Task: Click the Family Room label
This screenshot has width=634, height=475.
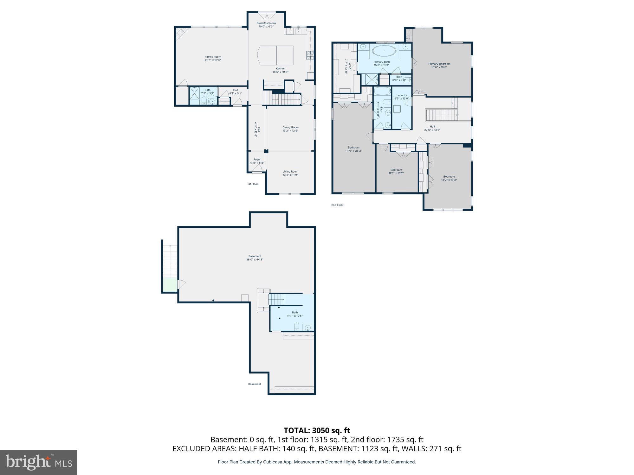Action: coord(213,57)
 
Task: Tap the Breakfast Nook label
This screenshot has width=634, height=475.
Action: coord(266,23)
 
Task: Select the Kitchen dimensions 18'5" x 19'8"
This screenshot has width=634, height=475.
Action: coord(280,72)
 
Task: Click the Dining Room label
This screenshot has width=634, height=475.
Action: coord(290,127)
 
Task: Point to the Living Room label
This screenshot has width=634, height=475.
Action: coord(290,172)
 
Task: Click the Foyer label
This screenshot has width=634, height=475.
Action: coord(257,160)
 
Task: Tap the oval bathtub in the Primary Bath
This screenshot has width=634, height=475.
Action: coord(384,51)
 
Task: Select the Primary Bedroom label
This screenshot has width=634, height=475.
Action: coord(439,64)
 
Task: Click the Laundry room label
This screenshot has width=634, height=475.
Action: coord(401,95)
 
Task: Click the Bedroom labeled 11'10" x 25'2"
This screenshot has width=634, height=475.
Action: coord(353,149)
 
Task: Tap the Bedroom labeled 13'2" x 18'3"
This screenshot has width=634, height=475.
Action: coord(449,178)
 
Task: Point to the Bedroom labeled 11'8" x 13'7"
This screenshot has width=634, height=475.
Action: coord(396,172)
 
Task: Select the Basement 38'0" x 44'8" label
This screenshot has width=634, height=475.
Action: coord(255,258)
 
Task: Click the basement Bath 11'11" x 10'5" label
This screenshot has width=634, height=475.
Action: coord(295,314)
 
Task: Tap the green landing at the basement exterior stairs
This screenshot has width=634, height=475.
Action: coord(170,285)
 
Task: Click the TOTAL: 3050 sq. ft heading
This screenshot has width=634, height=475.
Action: coord(317,431)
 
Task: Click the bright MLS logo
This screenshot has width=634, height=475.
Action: coord(39,462)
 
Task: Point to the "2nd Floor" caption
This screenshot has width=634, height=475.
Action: coord(337,205)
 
